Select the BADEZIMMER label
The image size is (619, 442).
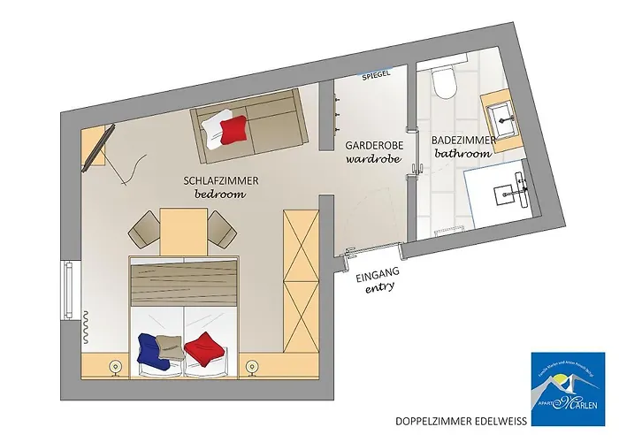click(x=462, y=141)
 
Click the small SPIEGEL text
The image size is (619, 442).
click(x=377, y=77)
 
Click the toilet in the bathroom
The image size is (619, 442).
click(x=443, y=84)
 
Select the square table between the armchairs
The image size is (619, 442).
click(x=182, y=232)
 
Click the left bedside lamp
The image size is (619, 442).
click(x=113, y=366)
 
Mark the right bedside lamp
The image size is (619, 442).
click(x=253, y=366)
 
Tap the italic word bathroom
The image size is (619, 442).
click(x=462, y=154)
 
